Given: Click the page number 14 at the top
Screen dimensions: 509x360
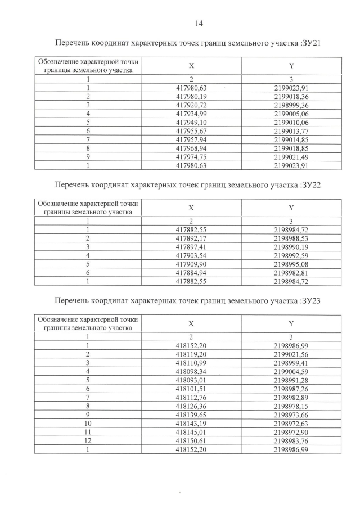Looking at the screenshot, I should (x=198, y=23).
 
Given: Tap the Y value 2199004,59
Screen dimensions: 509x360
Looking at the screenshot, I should (x=291, y=371).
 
